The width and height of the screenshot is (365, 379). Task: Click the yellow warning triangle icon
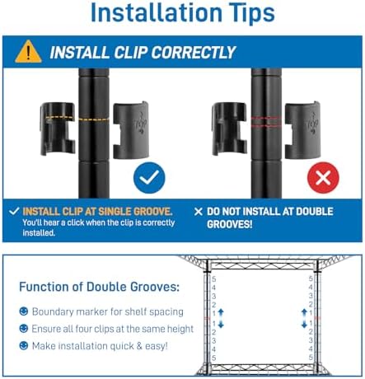coord(28,52)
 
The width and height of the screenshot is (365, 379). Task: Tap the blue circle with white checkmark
coord(149,178)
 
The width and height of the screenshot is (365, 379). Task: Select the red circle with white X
coord(323,178)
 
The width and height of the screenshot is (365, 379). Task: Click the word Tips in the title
coord(248,12)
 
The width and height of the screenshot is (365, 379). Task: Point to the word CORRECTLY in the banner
coord(194,52)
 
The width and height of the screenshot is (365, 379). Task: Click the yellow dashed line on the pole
coord(94,119)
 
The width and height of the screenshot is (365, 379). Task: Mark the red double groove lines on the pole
coord(266,122)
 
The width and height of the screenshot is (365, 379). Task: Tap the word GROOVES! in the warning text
coord(229,224)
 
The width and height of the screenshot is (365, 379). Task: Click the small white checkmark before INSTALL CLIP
coord(14,211)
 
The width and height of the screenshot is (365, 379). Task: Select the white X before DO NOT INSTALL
coord(199,212)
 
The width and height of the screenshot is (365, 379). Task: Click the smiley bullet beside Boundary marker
coord(24,311)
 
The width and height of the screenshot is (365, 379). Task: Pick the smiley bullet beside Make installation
coord(24,345)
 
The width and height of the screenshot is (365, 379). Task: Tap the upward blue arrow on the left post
coord(221,312)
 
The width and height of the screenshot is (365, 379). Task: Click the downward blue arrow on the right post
coord(304,325)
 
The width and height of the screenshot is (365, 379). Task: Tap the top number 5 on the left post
coord(214,279)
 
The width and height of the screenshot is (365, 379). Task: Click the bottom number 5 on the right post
coord(311,358)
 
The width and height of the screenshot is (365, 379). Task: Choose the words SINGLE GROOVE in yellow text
coord(135,212)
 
